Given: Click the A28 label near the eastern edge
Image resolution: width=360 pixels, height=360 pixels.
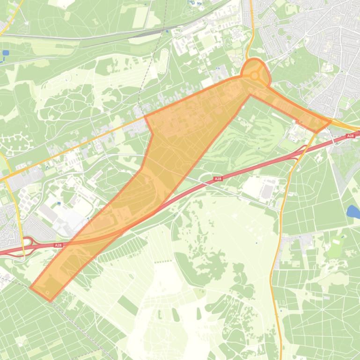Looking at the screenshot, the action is [x=350, y=136].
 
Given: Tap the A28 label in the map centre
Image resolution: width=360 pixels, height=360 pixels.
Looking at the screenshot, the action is [x=218, y=179].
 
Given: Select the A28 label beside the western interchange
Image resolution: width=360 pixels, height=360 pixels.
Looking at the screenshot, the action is [x=58, y=245].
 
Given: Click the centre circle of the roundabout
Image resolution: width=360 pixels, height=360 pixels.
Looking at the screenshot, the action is [x=254, y=75].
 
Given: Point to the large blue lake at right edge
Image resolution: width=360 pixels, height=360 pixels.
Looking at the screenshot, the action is [x=353, y=212].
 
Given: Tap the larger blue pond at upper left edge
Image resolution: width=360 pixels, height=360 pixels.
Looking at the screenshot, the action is [x=6, y=53].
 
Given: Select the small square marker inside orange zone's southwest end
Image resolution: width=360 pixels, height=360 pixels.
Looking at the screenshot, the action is [x=48, y=293].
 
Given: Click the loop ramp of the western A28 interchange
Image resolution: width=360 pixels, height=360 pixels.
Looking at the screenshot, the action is [x=27, y=242].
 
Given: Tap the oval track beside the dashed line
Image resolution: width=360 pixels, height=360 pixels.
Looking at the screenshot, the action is [x=163, y=60].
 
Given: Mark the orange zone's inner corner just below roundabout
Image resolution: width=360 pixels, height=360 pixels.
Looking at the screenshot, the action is [x=250, y=95].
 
